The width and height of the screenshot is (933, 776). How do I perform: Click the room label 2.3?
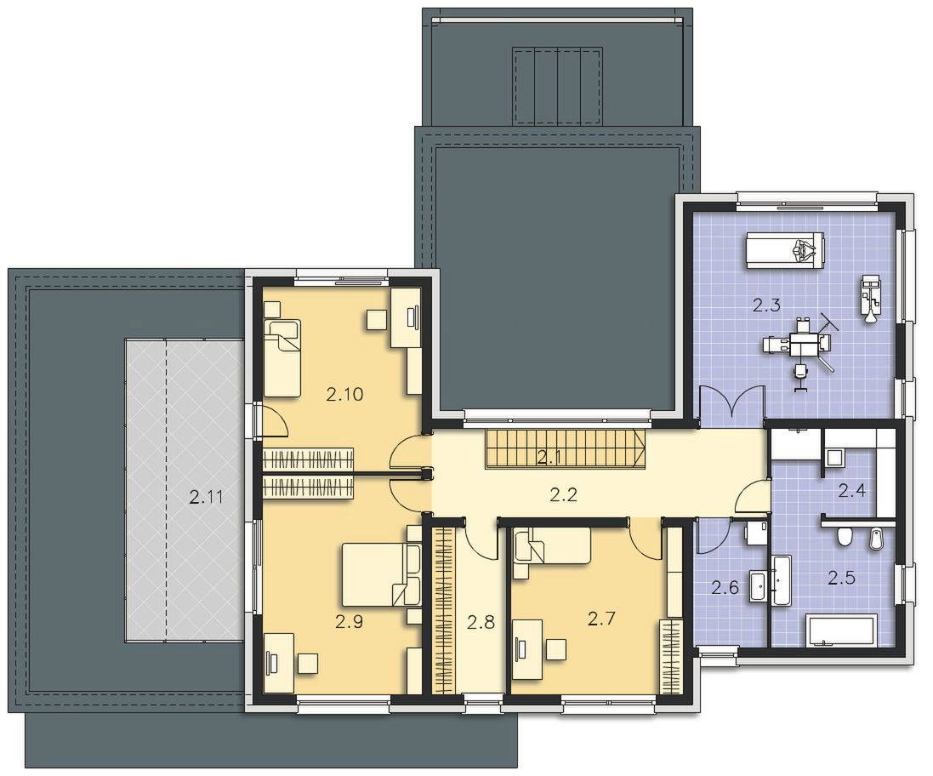(765, 306)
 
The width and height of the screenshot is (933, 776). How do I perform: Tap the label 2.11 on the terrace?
(206, 497)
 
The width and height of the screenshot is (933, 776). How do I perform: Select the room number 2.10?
(344, 394)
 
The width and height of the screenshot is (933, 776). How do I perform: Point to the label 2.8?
(481, 623)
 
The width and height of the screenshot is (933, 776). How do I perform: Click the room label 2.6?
(725, 588)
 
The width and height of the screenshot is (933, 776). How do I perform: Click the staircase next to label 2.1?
(566, 449)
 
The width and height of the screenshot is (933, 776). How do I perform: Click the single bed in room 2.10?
(282, 357)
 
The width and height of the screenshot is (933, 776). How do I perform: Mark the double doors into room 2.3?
(731, 405)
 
